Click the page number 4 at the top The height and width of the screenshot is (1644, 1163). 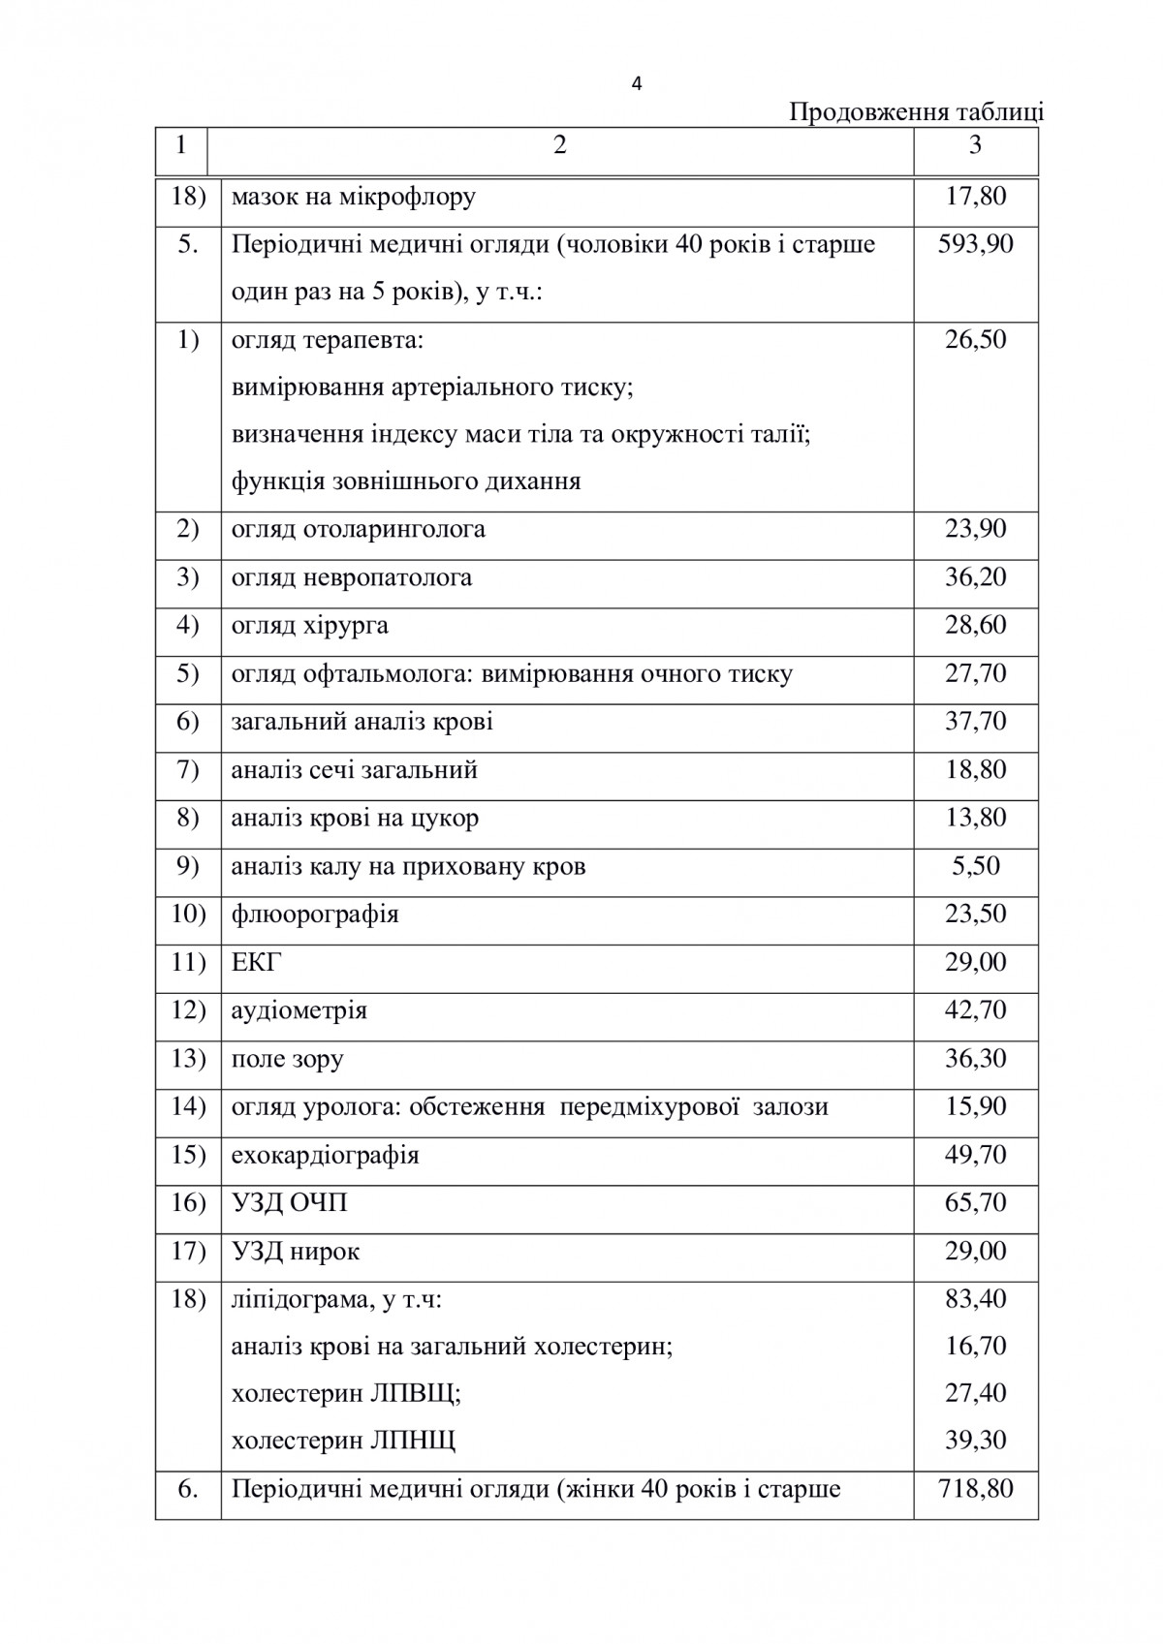[x=636, y=84]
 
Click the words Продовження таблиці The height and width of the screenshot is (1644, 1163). [x=916, y=112]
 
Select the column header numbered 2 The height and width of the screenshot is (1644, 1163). [x=559, y=145]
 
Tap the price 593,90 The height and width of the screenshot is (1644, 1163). [x=975, y=243]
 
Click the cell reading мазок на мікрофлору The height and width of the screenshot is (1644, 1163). [x=354, y=198]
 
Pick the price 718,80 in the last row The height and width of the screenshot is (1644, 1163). [x=975, y=1487]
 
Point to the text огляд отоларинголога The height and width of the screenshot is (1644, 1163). [x=359, y=529]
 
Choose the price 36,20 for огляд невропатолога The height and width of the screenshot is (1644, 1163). [x=975, y=577]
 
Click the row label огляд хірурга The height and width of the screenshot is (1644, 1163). [x=310, y=625]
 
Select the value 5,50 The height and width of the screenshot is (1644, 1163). [x=975, y=865]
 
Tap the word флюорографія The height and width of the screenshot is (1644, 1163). [x=315, y=914]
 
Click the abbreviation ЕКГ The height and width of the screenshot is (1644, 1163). [x=257, y=962]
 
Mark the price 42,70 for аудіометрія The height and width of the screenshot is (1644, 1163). [x=975, y=1009]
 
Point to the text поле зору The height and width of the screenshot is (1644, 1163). [x=287, y=1058]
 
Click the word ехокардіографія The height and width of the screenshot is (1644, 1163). [x=325, y=1155]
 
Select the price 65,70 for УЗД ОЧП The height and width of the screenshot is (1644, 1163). [x=975, y=1202]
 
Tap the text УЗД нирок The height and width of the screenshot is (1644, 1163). [x=296, y=1251]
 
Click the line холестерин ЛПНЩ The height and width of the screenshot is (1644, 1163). [x=343, y=1441]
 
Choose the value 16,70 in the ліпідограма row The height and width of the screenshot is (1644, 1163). [x=975, y=1346]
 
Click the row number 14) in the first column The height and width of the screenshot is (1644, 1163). [x=188, y=1106]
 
